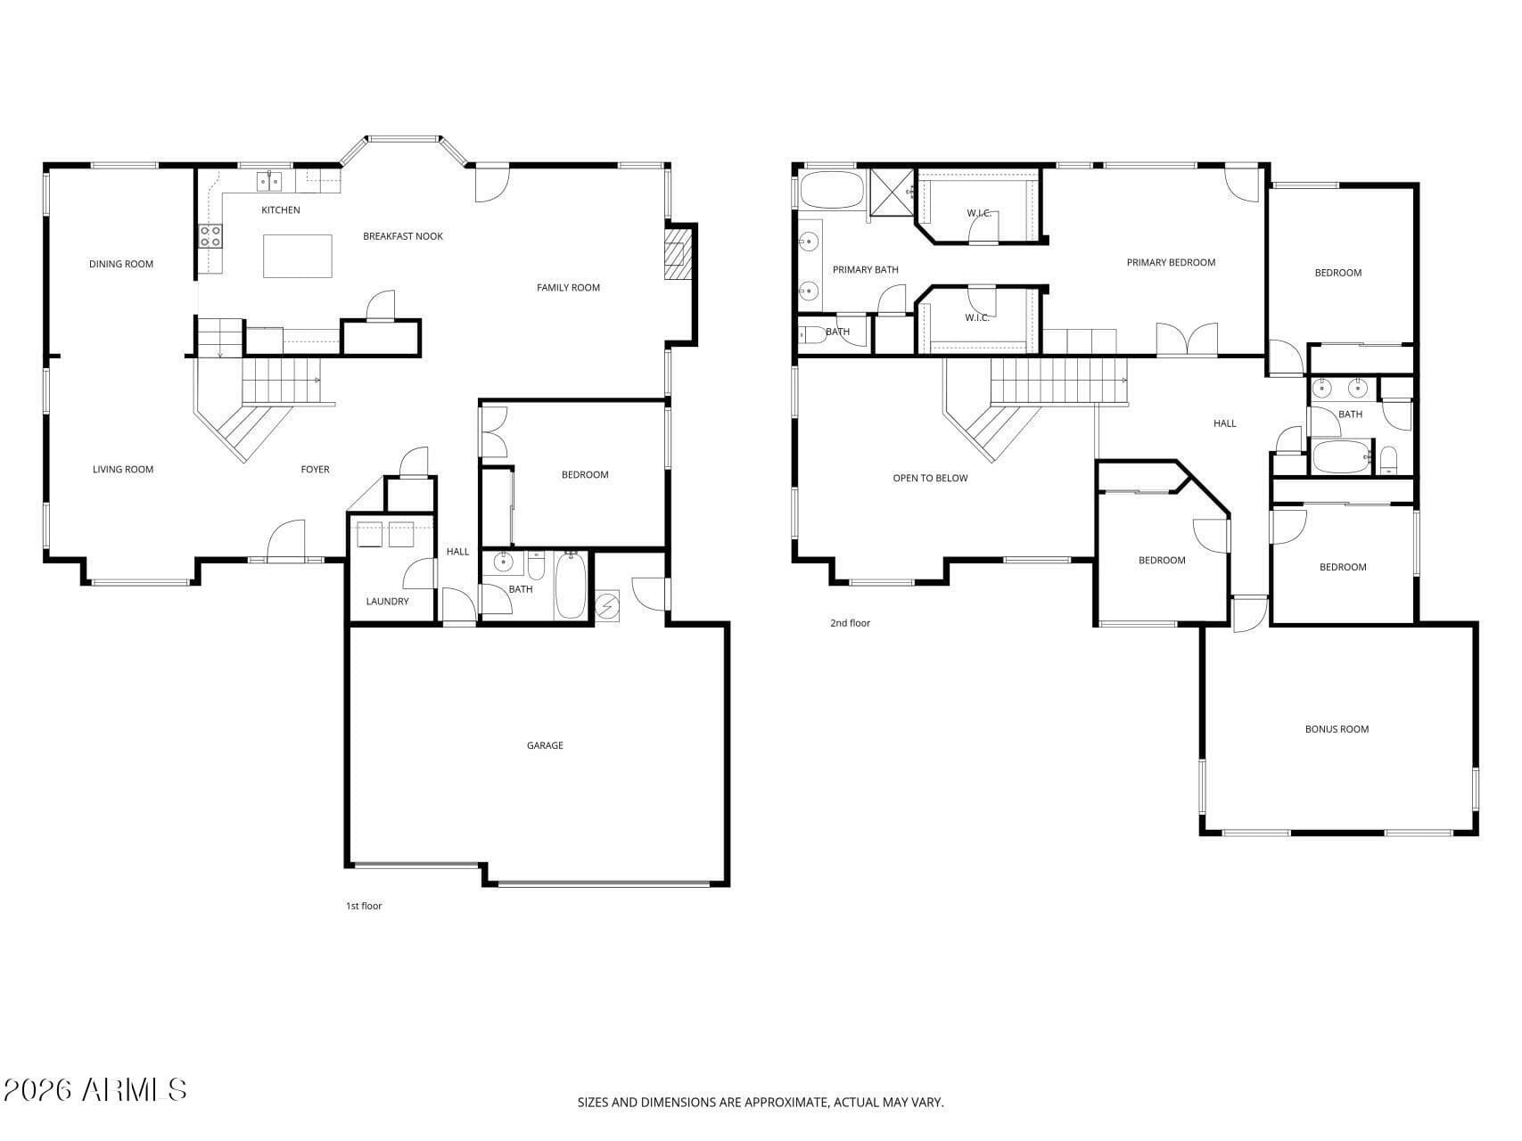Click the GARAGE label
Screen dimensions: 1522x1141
coord(545,745)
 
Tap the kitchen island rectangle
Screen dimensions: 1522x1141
coord(298,256)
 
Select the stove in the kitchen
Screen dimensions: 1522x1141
coord(210,236)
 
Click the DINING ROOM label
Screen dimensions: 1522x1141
coord(121,264)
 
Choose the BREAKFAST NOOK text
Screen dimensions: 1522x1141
coord(403,236)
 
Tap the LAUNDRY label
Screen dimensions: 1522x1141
coord(388,602)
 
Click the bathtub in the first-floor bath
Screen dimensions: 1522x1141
coord(571,585)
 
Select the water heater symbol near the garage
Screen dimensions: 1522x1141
coord(607,606)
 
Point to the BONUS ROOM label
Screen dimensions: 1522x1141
coord(1337,729)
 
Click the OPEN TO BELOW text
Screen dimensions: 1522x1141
coord(930,479)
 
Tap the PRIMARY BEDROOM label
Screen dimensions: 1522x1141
coord(1171,263)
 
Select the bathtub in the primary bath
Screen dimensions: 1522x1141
coord(832,190)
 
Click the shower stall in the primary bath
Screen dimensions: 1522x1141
coord(892,192)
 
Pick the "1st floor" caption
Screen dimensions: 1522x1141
coord(364,906)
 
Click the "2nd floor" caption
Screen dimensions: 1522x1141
coord(850,623)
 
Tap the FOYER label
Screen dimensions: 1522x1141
coord(315,470)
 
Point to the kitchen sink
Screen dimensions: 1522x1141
coord(269,181)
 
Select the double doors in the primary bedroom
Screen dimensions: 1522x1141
coord(1187,340)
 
